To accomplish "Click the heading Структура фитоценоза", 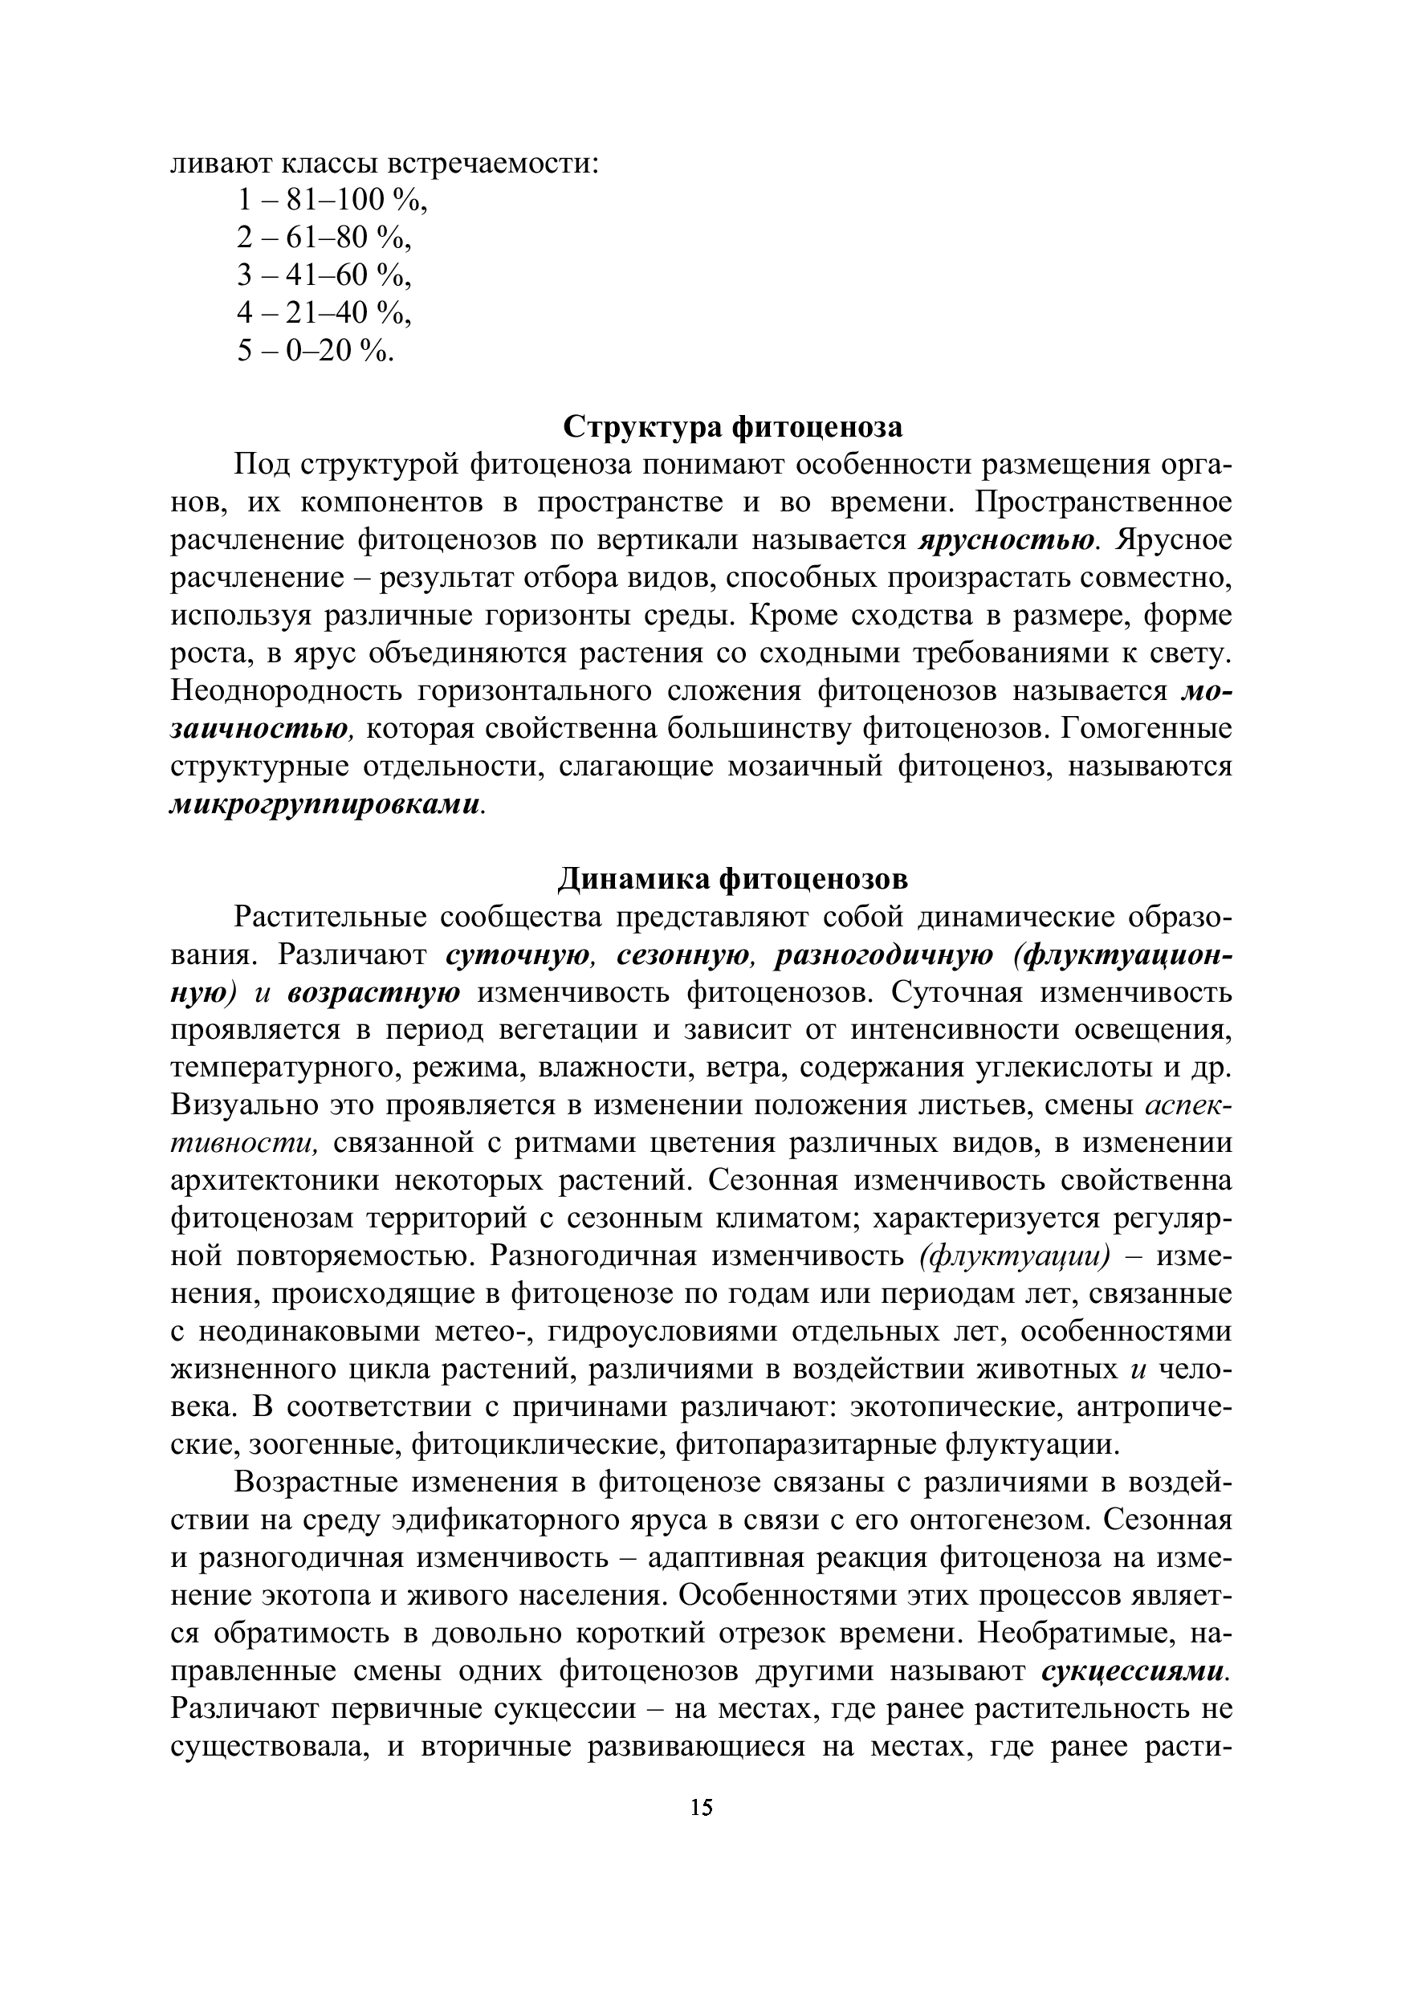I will click(732, 427).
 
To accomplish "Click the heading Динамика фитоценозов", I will click(731, 879).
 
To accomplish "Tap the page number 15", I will click(702, 1807).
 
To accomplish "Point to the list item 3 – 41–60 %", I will click(324, 275).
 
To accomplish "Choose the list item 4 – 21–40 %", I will click(324, 313).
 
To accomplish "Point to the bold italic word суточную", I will click(519, 955).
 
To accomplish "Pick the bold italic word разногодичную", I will click(883, 955).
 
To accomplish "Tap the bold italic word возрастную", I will click(373, 992).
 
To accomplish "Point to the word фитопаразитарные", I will click(805, 1444).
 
